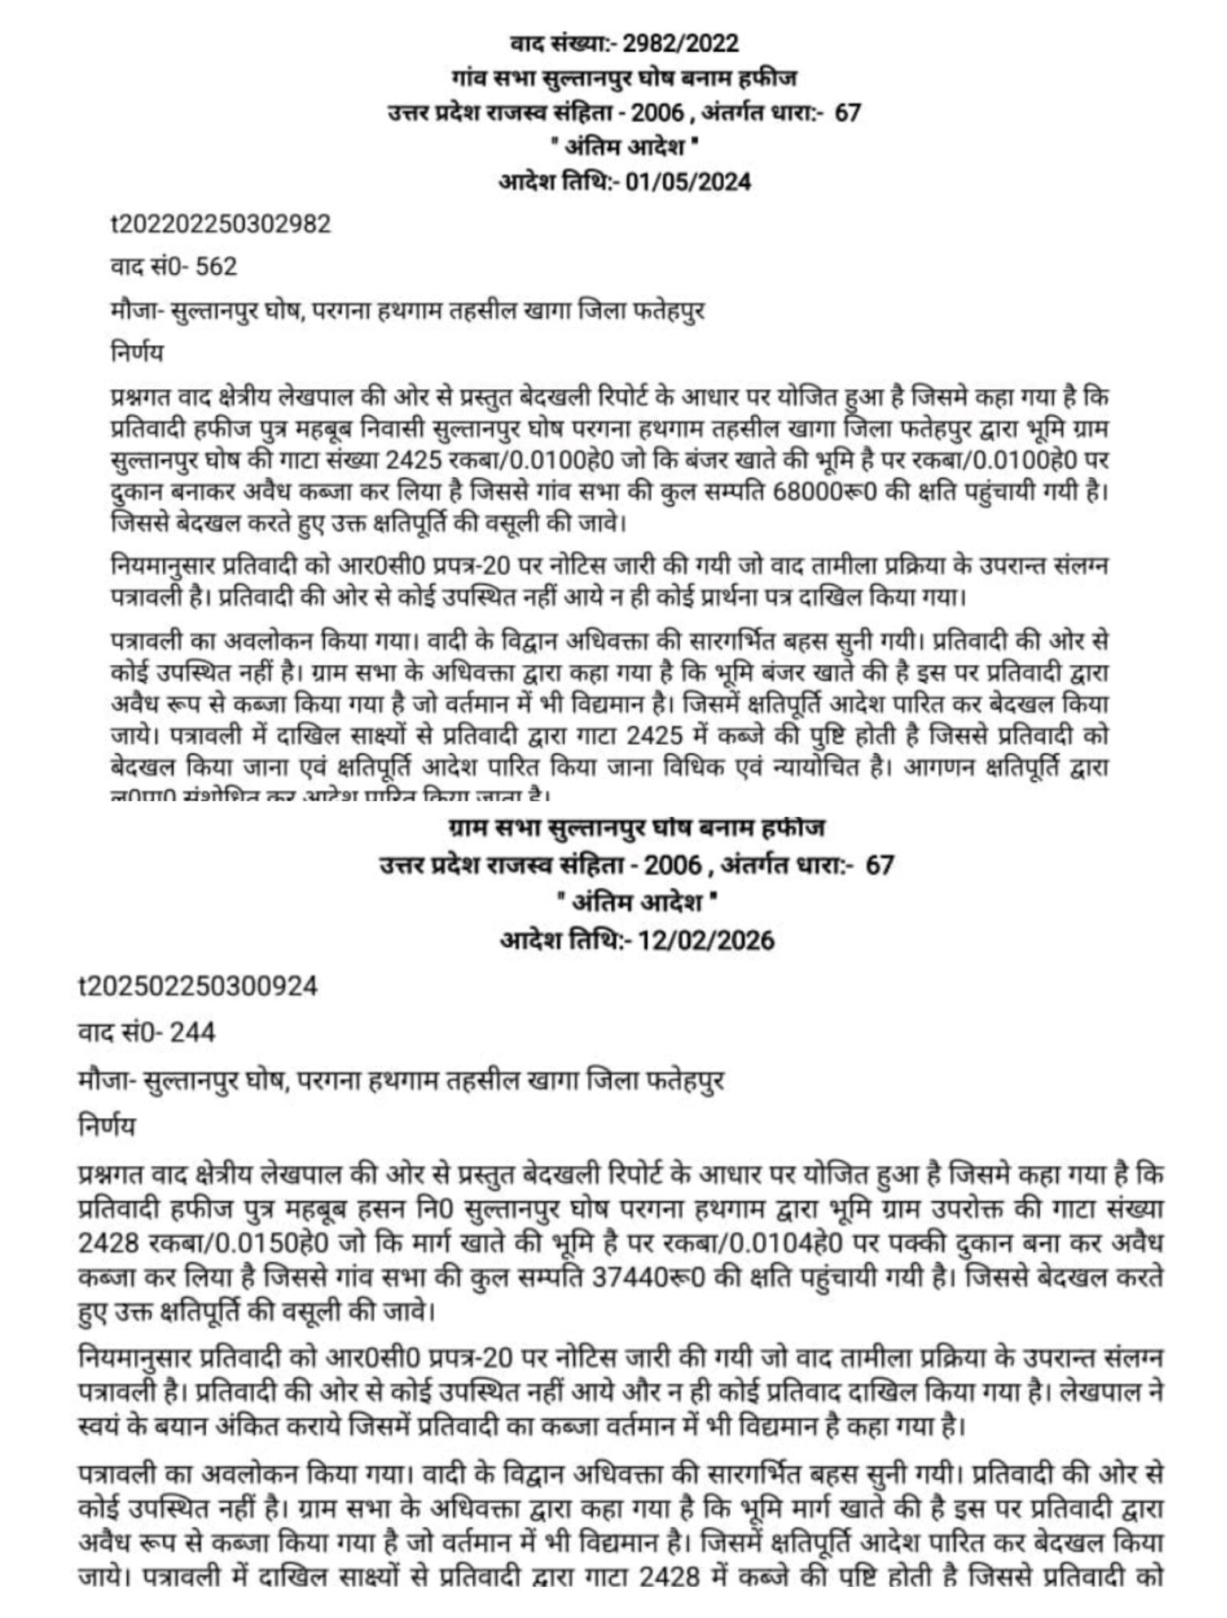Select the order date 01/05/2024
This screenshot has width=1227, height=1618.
[688, 181]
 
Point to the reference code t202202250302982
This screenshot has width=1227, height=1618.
[220, 224]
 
